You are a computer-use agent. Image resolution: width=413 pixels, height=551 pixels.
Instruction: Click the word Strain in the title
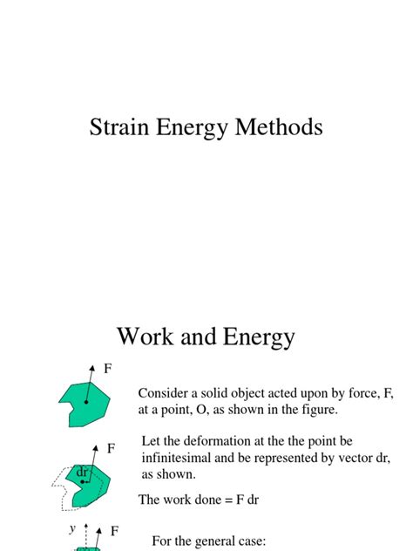tap(121, 127)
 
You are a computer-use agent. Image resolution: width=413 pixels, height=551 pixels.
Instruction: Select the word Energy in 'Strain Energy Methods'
tap(200, 128)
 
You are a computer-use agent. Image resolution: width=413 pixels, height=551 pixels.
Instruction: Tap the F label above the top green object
tap(108, 369)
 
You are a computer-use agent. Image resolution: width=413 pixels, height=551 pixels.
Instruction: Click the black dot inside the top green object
tap(86, 402)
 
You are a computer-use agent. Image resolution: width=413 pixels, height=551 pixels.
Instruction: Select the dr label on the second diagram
tap(83, 472)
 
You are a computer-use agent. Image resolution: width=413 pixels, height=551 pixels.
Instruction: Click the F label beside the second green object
tap(112, 448)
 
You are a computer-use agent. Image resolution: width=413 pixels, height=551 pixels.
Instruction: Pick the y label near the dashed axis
tap(73, 528)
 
